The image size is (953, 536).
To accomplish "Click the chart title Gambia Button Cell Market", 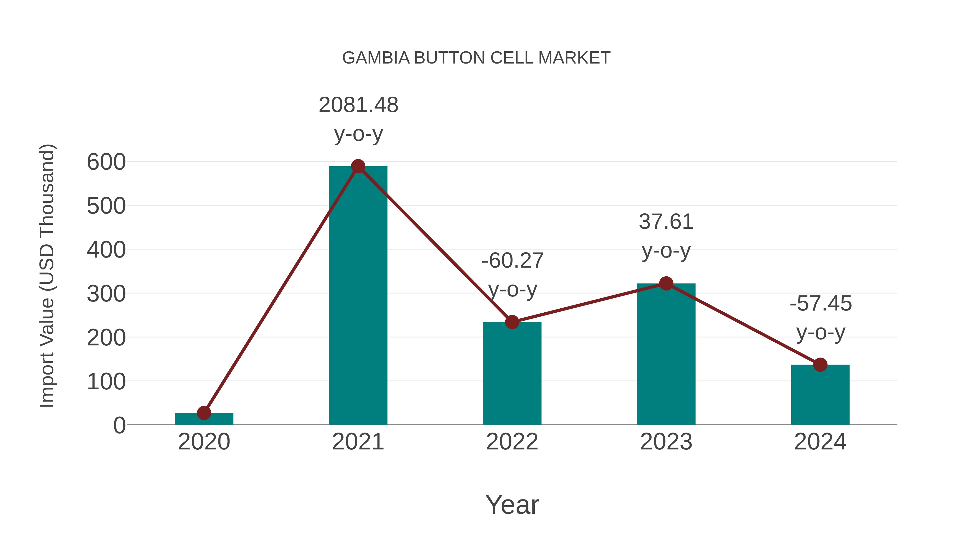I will point(476,58).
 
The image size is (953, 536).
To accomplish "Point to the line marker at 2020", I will point(204,413).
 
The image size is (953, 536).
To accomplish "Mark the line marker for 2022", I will point(512,322).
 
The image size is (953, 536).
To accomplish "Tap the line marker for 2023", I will point(666,284).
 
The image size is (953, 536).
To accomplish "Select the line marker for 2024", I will point(820,365).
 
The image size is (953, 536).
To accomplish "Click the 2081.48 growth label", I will point(358,105).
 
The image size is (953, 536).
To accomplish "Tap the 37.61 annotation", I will point(666,222).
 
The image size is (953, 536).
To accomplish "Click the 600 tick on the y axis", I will point(106,163).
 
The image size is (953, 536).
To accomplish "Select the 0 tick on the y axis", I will point(119,425).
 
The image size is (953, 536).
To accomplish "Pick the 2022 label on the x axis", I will point(512,442).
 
